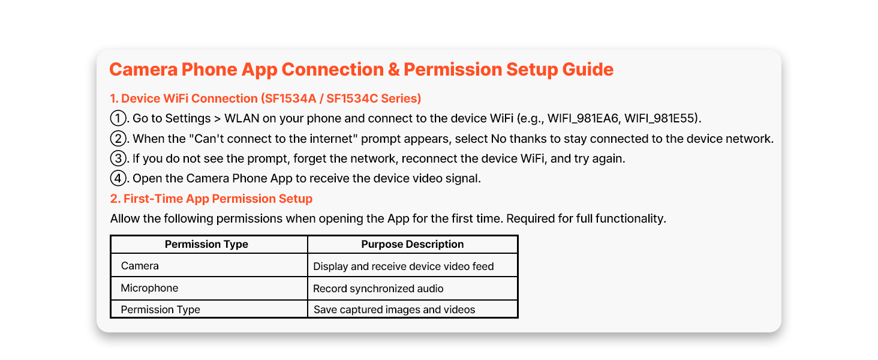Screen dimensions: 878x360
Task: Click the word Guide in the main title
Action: tap(588, 70)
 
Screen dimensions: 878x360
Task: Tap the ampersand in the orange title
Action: tap(393, 70)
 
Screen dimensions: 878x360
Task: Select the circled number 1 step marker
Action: tap(118, 118)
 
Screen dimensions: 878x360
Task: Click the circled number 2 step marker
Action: tap(118, 139)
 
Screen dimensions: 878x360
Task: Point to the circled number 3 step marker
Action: tap(118, 158)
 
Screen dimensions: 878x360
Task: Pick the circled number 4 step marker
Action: tap(118, 178)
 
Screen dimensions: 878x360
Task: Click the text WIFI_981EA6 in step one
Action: tap(583, 118)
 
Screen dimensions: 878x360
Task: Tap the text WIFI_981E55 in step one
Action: tap(660, 118)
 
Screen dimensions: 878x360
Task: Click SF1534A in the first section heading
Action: tap(290, 98)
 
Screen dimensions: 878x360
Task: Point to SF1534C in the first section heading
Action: tap(352, 98)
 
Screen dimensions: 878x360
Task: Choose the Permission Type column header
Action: tap(206, 244)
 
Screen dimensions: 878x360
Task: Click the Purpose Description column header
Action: tap(413, 244)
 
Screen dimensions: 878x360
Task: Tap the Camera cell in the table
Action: tap(140, 266)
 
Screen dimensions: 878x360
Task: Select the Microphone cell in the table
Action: tap(149, 288)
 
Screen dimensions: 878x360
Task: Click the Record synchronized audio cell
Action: tap(378, 289)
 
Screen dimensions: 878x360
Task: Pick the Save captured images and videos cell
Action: tap(394, 310)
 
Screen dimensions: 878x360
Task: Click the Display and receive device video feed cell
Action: tap(404, 266)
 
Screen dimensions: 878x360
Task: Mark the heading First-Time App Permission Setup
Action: tap(218, 199)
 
